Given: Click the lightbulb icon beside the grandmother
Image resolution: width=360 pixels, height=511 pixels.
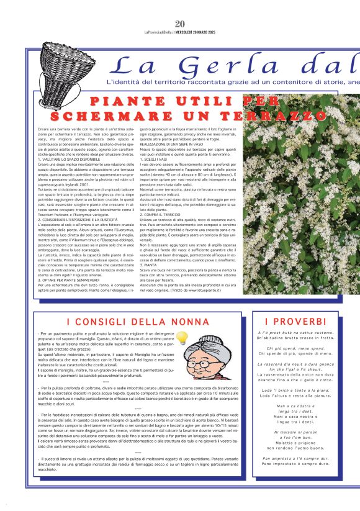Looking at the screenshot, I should tap(182, 338).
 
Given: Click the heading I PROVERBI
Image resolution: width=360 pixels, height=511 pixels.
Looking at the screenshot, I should tap(292, 321).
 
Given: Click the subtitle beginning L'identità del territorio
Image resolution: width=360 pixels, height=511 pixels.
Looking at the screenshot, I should tap(230, 81).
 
